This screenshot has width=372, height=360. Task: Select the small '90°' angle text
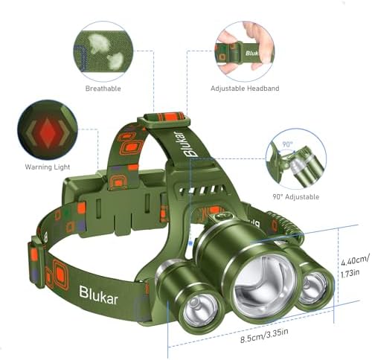tap(287, 144)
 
